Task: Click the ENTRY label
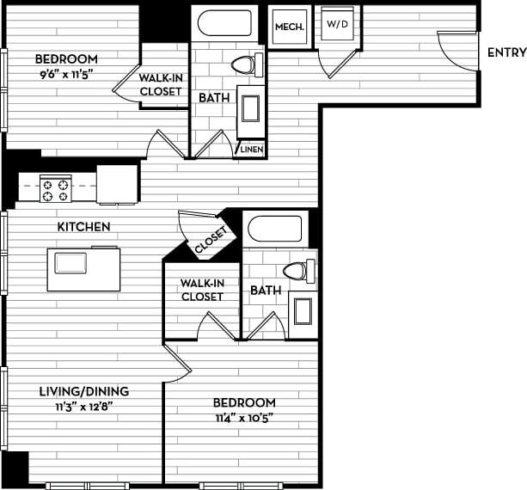coord(506,52)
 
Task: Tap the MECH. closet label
coord(289,27)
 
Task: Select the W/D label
coord(336,23)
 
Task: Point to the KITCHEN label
coord(83,227)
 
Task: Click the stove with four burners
coord(56,189)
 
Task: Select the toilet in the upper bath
coord(246,64)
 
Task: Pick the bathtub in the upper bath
coord(224,23)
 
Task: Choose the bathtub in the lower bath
coord(275,230)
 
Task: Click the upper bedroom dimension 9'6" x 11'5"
coord(66,74)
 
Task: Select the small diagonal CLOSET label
coord(211,241)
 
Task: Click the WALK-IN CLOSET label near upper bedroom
coord(160,84)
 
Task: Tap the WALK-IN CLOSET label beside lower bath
coord(201,290)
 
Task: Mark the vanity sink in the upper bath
coord(250,108)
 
